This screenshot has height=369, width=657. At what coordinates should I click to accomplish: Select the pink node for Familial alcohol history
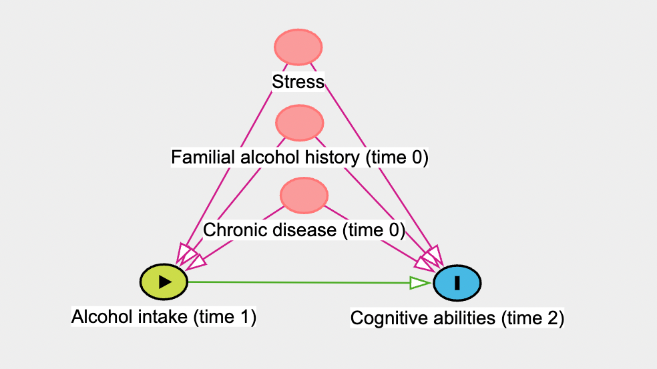click(x=300, y=123)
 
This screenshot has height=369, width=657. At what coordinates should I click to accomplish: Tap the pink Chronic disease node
click(x=304, y=195)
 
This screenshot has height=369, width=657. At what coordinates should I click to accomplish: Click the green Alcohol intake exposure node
click(x=164, y=282)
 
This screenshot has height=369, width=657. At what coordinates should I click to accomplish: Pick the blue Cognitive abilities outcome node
click(x=457, y=282)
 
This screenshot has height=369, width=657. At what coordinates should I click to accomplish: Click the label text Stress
click(x=298, y=82)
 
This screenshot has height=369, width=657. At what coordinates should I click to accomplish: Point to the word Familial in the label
click(x=194, y=157)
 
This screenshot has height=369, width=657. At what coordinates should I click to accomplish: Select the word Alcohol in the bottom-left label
click(x=93, y=316)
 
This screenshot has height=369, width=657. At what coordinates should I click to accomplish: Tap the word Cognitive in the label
click(x=381, y=318)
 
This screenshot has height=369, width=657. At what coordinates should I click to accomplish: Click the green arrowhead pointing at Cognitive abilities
click(x=420, y=284)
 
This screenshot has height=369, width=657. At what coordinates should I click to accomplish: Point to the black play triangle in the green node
click(x=165, y=282)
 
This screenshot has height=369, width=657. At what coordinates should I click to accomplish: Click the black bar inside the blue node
click(x=457, y=283)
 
